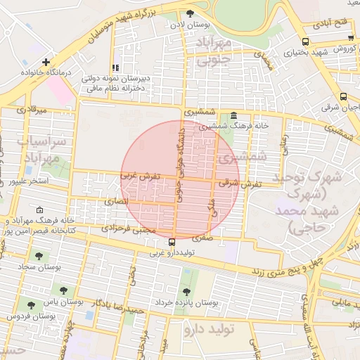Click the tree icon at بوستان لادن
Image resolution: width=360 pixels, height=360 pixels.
click(x=190, y=13)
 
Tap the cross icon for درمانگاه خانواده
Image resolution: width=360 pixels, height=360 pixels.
click(x=46, y=62)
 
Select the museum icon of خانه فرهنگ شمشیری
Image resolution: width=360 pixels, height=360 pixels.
click(x=233, y=117)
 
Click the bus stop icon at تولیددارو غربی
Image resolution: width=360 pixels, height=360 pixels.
click(x=172, y=243)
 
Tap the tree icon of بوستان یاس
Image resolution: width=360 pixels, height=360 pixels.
click(x=63, y=290)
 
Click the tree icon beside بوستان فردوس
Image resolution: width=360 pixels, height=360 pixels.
click(x=30, y=305)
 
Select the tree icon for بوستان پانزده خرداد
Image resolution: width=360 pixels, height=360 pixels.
click(x=186, y=291)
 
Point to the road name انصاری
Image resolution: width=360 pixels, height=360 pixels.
click(x=117, y=201)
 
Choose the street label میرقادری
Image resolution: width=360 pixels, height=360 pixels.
click(x=30, y=110)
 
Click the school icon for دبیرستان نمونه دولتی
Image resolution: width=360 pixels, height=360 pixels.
click(x=114, y=68)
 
